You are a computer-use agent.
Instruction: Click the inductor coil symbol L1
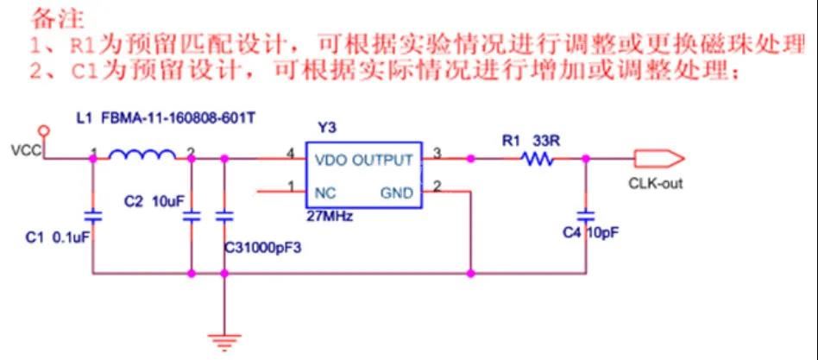142,155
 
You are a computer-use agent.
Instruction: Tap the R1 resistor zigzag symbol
536,158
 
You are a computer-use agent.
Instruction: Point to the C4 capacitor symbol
586,212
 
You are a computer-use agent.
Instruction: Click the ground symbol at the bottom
224,341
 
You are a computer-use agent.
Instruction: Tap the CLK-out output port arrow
659,158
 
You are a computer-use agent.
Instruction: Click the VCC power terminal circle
45,132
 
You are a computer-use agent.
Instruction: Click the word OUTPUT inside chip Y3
385,160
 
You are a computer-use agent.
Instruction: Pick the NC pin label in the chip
326,193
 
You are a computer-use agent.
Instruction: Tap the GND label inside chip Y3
397,193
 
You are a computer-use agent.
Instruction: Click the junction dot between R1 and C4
586,158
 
